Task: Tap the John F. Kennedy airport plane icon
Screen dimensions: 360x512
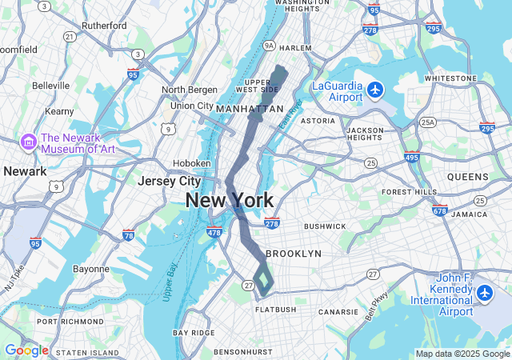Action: coord(484,294)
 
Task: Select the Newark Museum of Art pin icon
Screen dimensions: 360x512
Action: coord(29,142)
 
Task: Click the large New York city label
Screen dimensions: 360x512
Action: coord(230,200)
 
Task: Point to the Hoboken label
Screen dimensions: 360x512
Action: coord(192,163)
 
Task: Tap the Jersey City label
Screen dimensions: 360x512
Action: coord(169,181)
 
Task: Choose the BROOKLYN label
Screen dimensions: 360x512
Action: coord(294,253)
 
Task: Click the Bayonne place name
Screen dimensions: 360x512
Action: coord(91,269)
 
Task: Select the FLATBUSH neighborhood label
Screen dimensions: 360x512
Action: coord(276,309)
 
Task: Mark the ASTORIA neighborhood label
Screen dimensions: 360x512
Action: coord(318,121)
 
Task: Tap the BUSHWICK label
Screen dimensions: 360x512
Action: coord(325,226)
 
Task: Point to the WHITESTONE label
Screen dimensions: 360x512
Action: coord(450,78)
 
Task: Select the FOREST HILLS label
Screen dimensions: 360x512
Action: coord(409,192)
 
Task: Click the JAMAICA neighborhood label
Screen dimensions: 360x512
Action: coord(469,214)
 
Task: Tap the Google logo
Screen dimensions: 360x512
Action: coord(26,350)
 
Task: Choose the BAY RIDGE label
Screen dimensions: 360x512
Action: coord(193,332)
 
